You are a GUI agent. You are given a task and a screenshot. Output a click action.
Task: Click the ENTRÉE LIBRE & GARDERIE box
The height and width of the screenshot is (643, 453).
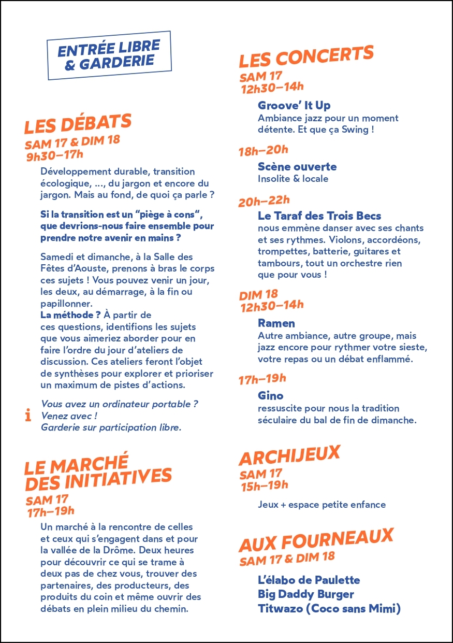coord(109,55)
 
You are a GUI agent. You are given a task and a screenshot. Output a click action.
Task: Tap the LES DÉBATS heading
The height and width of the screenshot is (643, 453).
coord(78,124)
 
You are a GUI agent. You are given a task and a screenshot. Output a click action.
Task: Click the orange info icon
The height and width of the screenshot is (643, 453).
coord(28,416)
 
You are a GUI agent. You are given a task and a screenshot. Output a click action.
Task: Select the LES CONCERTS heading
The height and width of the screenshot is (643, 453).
coord(306,57)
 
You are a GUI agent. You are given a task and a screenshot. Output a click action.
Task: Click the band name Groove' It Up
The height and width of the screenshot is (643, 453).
coord(294,106)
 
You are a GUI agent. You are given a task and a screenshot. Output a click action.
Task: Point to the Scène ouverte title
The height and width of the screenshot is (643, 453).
coord(297,167)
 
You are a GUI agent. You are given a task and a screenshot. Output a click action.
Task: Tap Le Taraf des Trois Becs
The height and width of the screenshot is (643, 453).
coord(319,216)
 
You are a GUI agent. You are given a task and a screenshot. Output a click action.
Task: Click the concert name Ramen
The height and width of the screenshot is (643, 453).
coord(276,323)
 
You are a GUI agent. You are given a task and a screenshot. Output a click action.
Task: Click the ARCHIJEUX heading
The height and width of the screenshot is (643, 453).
coord(289,456)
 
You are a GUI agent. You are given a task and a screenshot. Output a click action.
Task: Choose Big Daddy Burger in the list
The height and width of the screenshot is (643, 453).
coord(305,594)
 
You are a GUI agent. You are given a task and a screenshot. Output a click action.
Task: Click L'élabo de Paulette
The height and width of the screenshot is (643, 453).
coord(309,580)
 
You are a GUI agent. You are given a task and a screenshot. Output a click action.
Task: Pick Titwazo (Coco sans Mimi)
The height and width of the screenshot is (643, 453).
coord(329,609)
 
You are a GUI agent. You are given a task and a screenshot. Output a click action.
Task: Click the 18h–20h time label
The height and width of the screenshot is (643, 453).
coord(263,151)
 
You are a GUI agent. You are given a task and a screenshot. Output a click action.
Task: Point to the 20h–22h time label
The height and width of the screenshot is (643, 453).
coord(264,201)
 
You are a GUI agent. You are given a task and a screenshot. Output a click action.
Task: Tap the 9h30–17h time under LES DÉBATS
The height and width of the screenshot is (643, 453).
coord(55,154)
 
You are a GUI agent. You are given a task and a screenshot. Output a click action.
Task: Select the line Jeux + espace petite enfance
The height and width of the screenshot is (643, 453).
coord(322,505)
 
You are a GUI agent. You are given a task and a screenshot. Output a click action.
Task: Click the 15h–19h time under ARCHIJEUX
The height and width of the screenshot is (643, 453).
coord(265,486)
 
